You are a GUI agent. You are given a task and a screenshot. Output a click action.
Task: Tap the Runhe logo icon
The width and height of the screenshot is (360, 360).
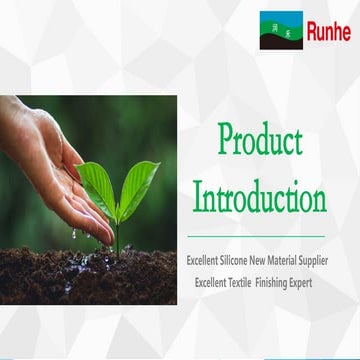point(281,31)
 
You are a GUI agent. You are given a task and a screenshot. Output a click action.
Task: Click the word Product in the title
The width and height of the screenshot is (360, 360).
point(259,141)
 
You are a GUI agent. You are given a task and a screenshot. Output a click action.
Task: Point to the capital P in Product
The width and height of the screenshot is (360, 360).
point(225,141)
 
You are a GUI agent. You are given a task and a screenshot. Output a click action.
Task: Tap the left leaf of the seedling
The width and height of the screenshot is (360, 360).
point(96,184)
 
